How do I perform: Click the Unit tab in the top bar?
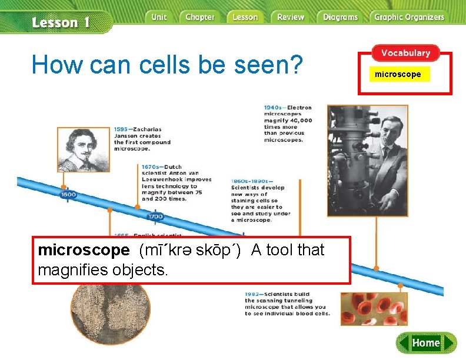(159, 17)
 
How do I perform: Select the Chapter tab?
(199, 17)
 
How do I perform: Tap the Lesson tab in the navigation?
(245, 17)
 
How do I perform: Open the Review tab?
(291, 17)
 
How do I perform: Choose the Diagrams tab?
(339, 17)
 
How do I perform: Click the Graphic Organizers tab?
(409, 17)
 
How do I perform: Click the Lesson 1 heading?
(61, 23)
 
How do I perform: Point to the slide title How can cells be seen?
(167, 65)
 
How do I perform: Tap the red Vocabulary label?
(405, 53)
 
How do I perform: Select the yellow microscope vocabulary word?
(398, 74)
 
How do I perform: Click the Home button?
(426, 342)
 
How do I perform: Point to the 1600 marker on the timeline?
(68, 194)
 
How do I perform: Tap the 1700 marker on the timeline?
(155, 216)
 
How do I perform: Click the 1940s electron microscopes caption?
(288, 124)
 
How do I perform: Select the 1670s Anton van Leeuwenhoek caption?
(176, 183)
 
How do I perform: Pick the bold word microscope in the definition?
(83, 250)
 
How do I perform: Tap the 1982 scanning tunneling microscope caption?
(287, 304)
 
